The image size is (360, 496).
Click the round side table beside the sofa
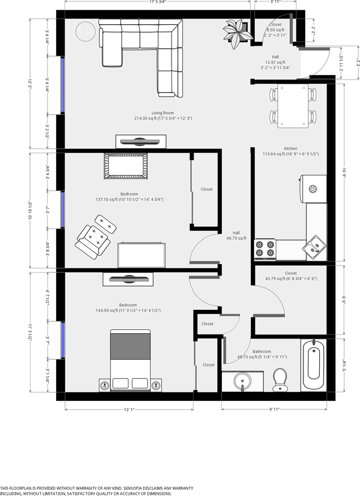[85, 31]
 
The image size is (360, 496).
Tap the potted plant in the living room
[237, 31]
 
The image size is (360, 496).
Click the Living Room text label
[163, 116]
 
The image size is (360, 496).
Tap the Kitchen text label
[291, 151]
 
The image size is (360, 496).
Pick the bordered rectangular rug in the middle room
[126, 167]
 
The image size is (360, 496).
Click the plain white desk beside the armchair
[142, 255]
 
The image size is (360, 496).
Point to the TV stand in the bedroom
[127, 279]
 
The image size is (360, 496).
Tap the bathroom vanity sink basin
[242, 381]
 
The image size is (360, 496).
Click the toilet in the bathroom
[280, 379]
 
